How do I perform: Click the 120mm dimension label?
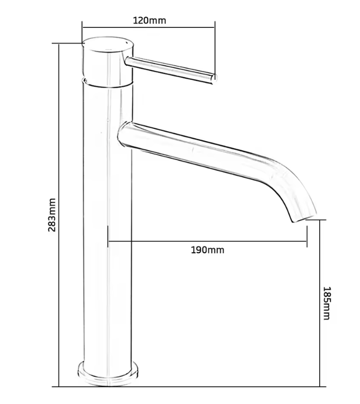pos(150,20)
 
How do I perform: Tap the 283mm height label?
pos(52,215)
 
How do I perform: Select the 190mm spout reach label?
pos(207,250)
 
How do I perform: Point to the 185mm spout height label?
pos(327,303)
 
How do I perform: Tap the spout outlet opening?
pos(304,217)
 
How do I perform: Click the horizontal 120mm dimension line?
pos(149,27)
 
